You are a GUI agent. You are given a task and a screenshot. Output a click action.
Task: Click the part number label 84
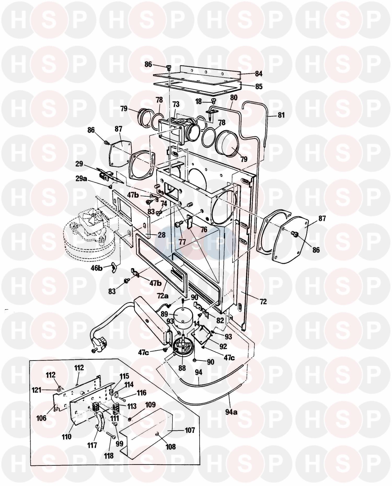tap(258, 74)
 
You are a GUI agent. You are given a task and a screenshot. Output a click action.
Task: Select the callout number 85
tap(259, 86)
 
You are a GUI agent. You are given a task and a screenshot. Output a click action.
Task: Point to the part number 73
tap(176, 104)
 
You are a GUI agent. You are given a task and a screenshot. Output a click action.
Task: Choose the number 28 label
tap(162, 235)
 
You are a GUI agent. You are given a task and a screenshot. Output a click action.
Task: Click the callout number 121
tap(37, 390)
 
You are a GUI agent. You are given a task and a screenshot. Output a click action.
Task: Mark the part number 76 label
tap(203, 230)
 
